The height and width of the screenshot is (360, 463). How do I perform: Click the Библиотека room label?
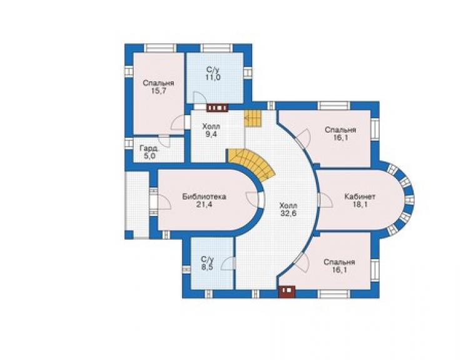pos(205,197)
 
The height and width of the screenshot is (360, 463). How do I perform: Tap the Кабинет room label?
pos(360,196)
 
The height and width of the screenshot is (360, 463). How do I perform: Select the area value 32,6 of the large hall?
pos(288,213)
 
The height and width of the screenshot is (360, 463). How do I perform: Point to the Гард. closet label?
pos(150,148)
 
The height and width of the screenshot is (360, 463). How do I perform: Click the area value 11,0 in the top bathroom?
pos(213,78)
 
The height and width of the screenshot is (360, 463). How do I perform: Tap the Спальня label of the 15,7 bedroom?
pos(158,83)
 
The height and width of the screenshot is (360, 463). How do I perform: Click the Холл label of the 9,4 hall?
pos(211,127)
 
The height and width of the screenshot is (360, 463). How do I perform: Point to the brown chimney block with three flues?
pos(217,108)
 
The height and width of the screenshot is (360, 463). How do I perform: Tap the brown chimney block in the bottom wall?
pos(287,291)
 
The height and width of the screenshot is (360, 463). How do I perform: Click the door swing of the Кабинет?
pos(326,200)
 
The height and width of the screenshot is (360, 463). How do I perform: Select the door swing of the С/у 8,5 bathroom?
pos(228,264)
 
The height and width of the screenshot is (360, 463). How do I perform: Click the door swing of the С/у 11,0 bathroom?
pos(200,98)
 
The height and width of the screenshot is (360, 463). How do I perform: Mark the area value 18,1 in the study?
pos(360,204)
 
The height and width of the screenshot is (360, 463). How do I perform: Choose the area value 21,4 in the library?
pos(204,204)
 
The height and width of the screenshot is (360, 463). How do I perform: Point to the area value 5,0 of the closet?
pos(150,156)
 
